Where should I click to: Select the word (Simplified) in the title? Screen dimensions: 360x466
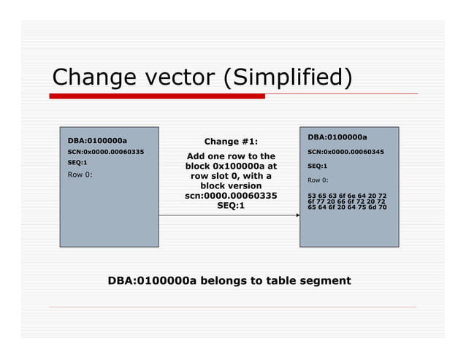[289, 77]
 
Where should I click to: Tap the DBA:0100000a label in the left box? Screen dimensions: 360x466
[97, 140]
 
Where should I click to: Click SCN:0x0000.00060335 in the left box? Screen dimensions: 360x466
[105, 152]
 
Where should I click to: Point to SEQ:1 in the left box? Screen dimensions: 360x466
[77, 162]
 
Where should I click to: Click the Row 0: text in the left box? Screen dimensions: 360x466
[80, 175]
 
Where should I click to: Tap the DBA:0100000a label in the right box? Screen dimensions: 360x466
[337, 137]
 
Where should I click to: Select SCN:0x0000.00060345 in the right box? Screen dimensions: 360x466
[345, 152]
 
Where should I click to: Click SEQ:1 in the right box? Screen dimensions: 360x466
[317, 166]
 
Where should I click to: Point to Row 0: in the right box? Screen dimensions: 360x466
[318, 180]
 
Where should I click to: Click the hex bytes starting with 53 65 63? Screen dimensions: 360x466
[347, 202]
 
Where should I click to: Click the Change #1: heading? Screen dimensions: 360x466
[230, 142]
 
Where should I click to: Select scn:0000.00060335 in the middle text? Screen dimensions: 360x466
[231, 196]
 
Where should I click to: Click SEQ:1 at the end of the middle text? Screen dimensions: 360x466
[231, 206]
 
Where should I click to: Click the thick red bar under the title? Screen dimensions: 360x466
[157, 96]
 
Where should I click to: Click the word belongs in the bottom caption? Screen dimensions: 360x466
[224, 280]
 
